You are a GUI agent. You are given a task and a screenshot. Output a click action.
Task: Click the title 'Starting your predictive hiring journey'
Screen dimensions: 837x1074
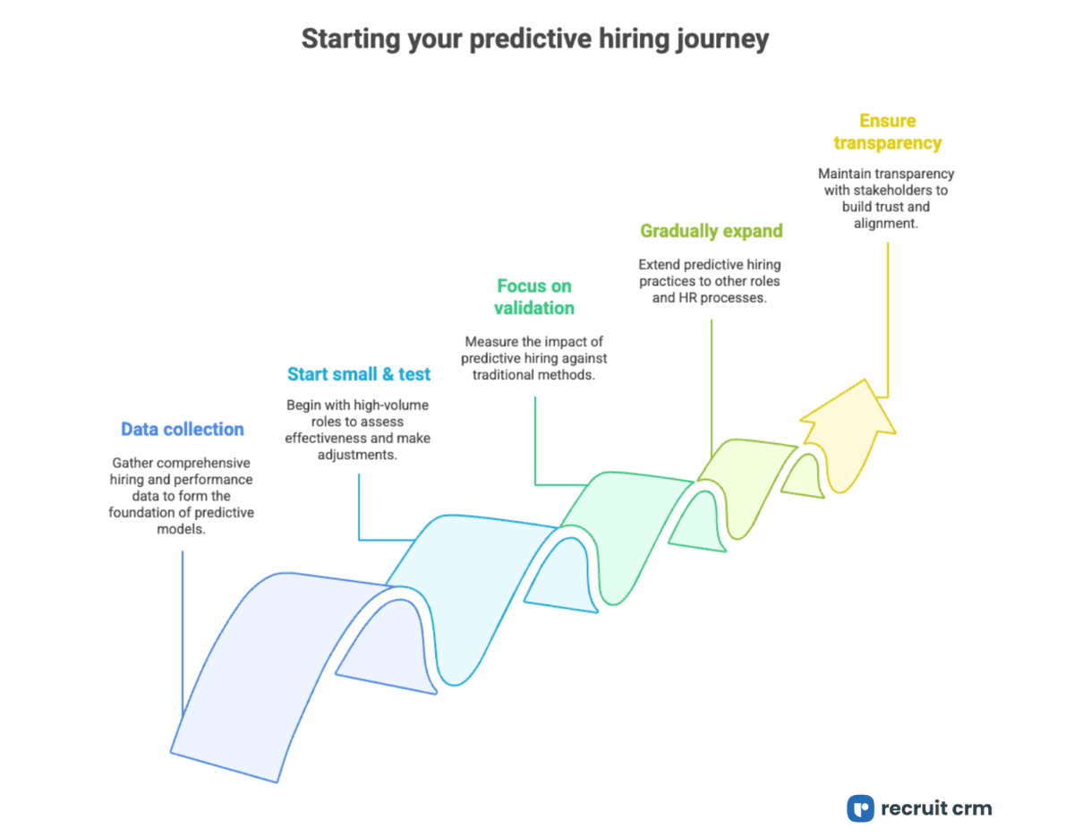click(x=534, y=39)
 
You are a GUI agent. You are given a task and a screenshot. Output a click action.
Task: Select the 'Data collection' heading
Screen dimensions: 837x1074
click(x=183, y=429)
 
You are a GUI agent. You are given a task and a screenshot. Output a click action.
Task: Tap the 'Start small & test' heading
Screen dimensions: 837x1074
click(x=359, y=373)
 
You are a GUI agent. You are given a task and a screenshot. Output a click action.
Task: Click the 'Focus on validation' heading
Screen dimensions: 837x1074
click(x=535, y=296)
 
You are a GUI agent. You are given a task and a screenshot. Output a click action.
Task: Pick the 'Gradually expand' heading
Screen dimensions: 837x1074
click(x=712, y=230)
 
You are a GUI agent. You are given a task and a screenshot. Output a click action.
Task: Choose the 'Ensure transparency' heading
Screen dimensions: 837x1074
click(x=887, y=132)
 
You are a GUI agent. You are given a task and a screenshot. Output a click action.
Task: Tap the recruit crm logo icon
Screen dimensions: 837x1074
click(x=860, y=808)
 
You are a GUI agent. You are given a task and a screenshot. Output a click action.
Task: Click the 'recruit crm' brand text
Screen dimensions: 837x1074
click(x=936, y=808)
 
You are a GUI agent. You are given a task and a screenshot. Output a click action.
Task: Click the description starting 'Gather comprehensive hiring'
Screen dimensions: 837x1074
click(x=182, y=496)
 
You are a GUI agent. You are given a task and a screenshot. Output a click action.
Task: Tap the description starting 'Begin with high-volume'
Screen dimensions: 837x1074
click(x=357, y=429)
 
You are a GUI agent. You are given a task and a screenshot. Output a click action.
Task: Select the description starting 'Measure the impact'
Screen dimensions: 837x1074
click(x=534, y=358)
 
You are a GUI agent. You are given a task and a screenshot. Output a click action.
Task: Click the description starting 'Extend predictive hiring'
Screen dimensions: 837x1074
click(x=709, y=281)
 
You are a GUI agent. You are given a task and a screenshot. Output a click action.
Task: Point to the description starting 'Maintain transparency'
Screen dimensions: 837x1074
click(x=886, y=198)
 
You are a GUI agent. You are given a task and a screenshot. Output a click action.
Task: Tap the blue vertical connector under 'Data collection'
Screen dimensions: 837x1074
click(x=183, y=627)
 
